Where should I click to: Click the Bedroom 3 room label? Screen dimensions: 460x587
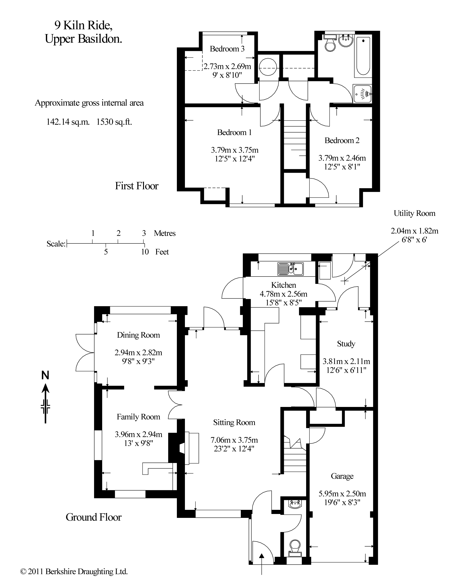coord(227,49)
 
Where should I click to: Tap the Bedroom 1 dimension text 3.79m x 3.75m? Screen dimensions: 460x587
coord(234,150)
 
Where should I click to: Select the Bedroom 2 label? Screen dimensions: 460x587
coord(342,140)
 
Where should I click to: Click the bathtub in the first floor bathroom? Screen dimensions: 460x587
coord(363,56)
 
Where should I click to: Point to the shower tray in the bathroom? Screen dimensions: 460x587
coord(362,94)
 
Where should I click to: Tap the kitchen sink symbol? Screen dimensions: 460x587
coord(290,269)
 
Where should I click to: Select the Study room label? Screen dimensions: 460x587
coord(346,344)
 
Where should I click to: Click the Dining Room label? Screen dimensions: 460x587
coord(138,335)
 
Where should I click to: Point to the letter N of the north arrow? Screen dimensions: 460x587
coord(45,375)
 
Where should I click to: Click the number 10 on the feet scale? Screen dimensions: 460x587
coord(145,252)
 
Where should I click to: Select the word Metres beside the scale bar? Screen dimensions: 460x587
coord(164,233)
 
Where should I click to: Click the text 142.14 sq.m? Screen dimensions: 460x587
coord(68,122)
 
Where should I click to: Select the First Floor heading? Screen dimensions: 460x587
coord(137,186)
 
